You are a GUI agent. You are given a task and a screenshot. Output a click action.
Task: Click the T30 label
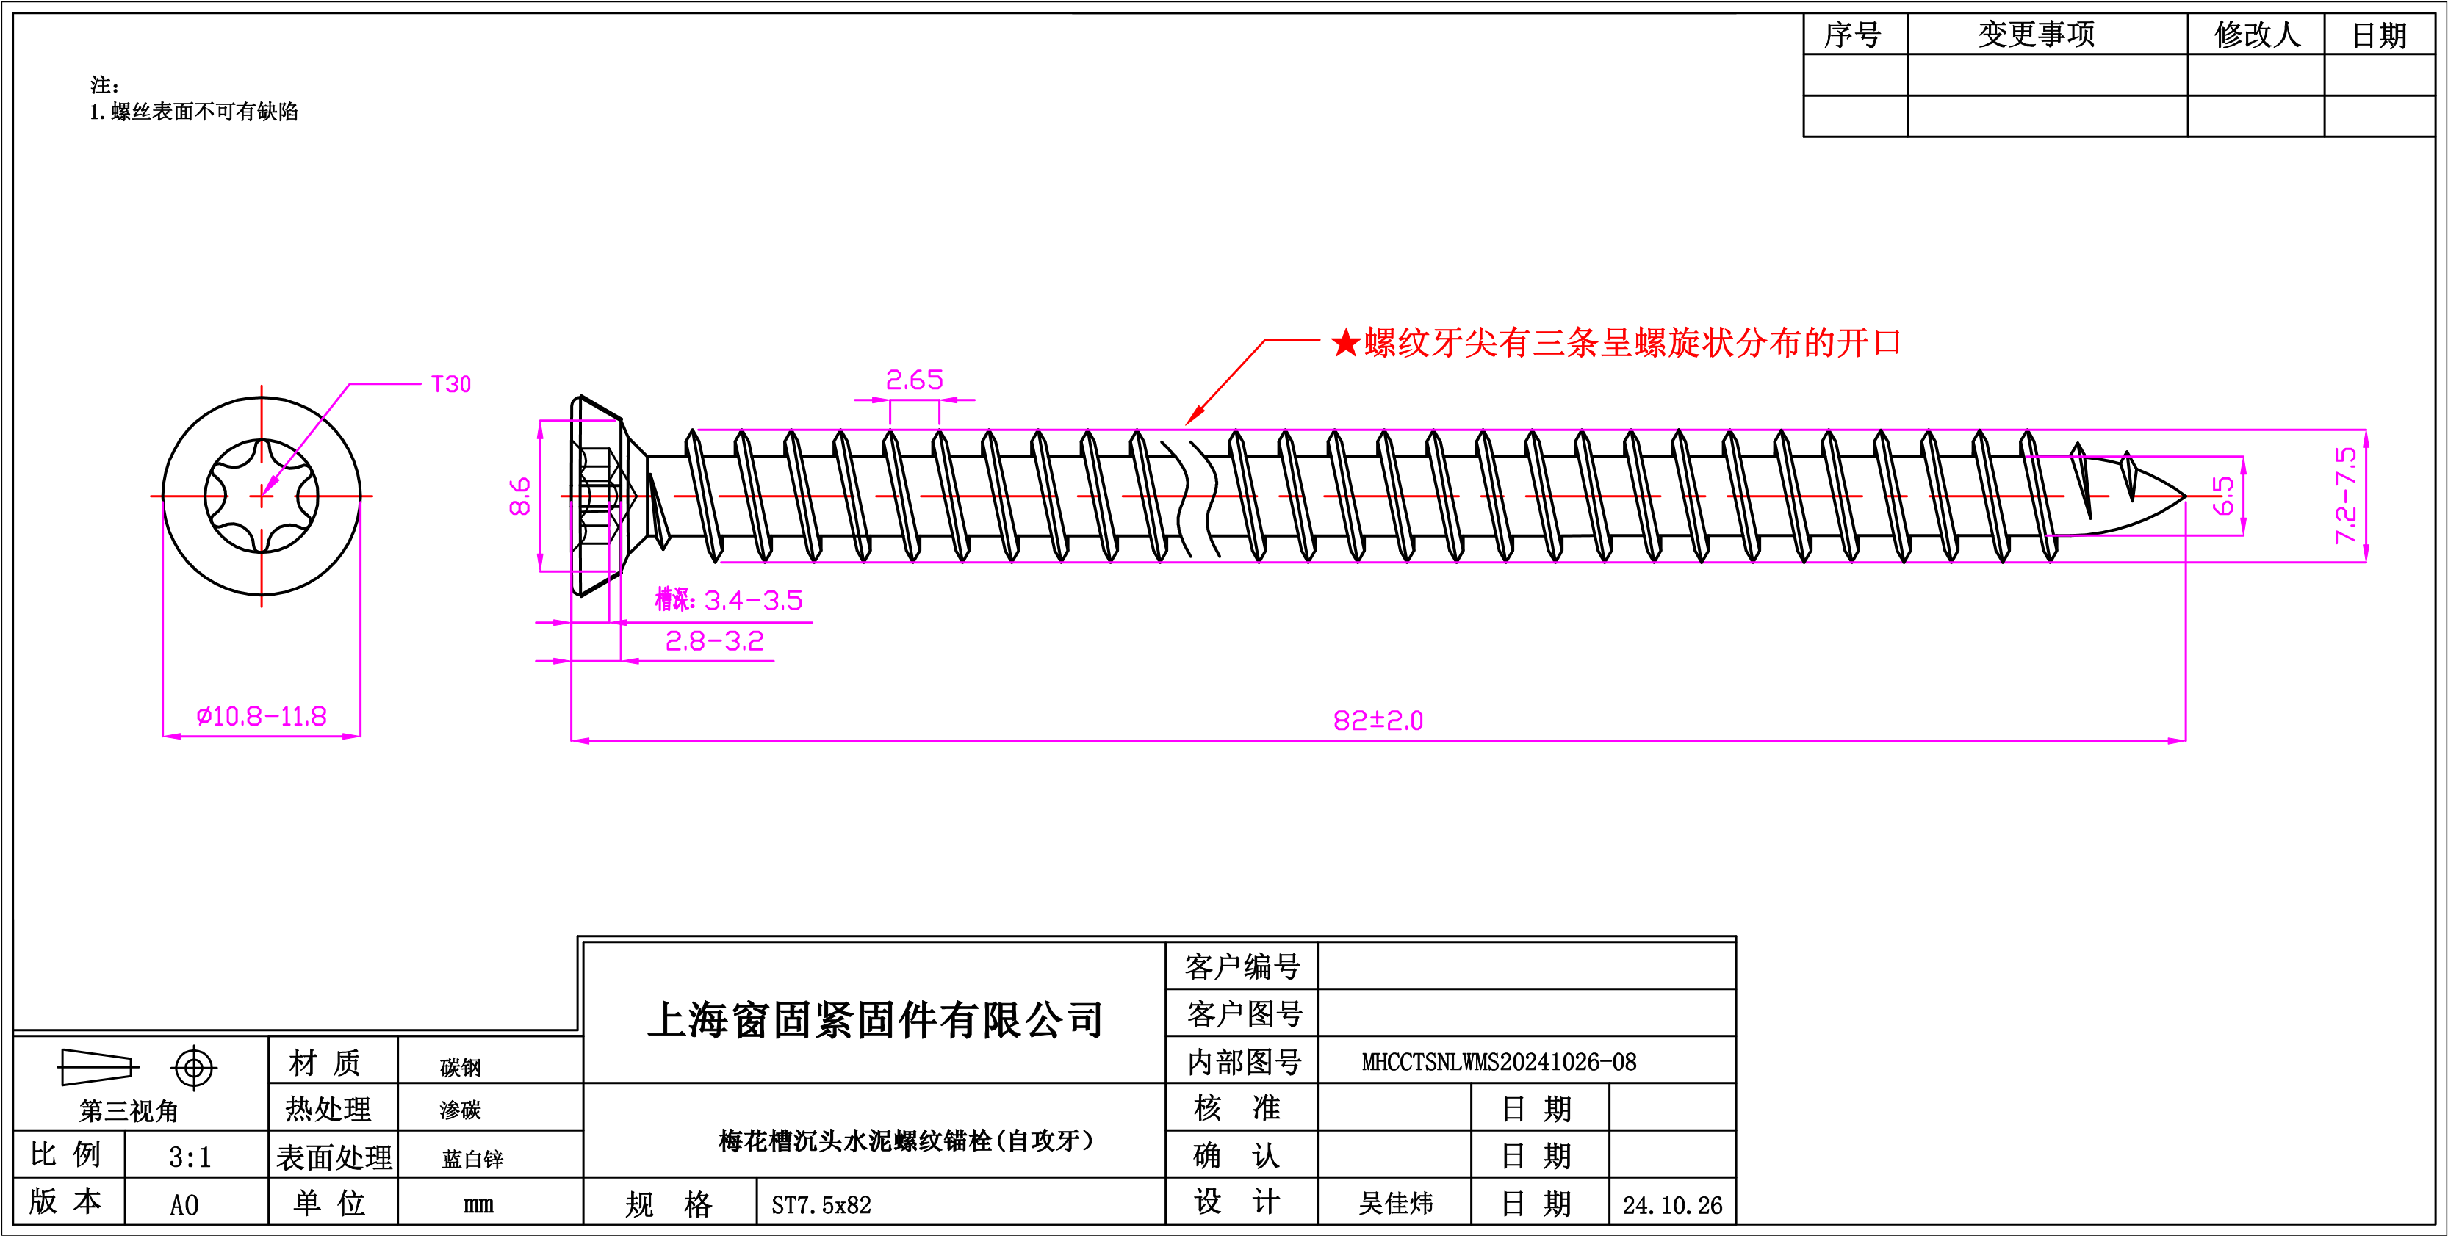tap(451, 385)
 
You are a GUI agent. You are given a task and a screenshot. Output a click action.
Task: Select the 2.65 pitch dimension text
tap(914, 381)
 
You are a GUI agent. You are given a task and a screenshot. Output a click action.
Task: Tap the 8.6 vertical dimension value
tap(520, 497)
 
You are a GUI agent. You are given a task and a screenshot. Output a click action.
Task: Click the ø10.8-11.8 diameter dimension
tap(262, 716)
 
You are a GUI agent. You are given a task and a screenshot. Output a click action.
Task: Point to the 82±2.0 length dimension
tap(1378, 721)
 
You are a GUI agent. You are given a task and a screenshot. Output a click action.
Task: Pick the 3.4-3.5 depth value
tap(754, 601)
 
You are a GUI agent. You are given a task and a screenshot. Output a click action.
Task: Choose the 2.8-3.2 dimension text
tap(715, 641)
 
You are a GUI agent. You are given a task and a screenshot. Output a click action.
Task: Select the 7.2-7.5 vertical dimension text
tap(2347, 496)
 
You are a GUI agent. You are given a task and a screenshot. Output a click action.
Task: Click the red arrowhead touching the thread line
tap(1192, 417)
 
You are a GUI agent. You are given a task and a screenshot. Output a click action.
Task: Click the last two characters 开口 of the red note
tap(1869, 343)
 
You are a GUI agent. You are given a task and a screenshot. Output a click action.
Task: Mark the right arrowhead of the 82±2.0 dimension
tap(2176, 740)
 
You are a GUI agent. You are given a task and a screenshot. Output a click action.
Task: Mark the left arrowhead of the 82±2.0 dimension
tap(580, 740)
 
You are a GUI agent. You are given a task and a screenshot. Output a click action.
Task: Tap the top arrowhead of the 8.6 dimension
tap(540, 430)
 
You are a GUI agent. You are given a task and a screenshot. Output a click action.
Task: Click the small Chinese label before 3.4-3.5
tap(674, 599)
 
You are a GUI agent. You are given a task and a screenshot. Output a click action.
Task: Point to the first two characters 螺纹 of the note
tap(1398, 343)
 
